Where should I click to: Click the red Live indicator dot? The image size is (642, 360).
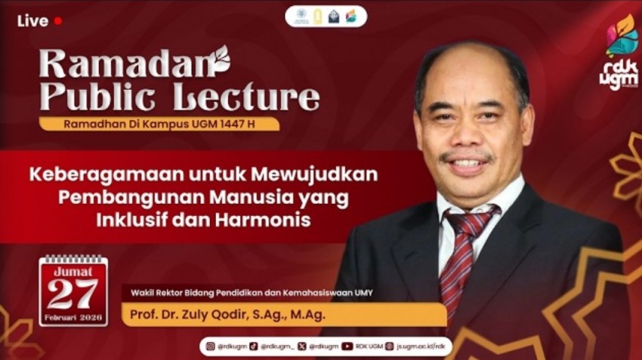coord(58,21)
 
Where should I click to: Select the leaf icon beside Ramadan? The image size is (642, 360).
coord(219,58)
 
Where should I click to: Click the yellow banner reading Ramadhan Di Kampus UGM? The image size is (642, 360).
coord(159,123)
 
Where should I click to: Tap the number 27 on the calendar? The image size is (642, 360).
coord(73,294)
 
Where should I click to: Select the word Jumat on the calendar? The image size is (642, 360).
coord(73,271)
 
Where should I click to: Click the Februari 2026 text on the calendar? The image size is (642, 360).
coord(73,316)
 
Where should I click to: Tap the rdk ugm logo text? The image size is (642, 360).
coord(619,75)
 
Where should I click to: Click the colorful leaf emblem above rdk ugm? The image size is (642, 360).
coord(621,35)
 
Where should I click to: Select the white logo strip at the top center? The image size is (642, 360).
coord(326,16)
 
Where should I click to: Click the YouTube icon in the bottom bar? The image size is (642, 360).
coord(347,346)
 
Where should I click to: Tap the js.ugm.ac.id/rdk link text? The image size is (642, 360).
coord(422,346)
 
